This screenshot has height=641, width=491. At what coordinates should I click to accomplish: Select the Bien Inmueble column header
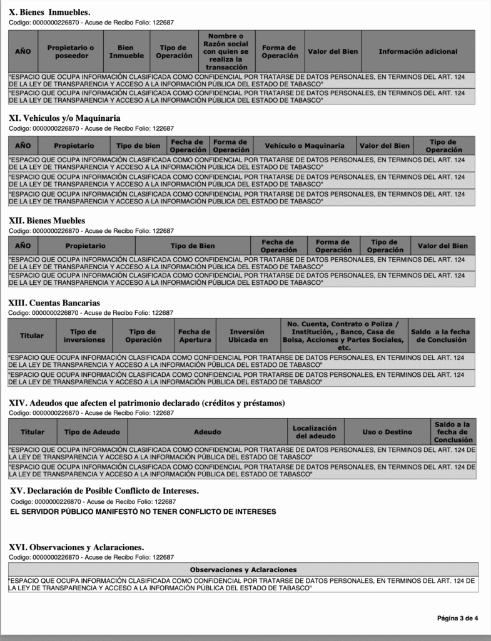[126, 51]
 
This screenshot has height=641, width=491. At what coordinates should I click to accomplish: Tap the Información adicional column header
[418, 51]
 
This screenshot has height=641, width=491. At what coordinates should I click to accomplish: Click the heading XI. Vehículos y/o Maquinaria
[64, 118]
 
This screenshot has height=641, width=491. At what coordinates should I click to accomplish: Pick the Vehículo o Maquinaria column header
[305, 146]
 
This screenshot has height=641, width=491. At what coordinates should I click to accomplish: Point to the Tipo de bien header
[139, 146]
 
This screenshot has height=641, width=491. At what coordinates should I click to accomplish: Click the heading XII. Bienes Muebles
[47, 221]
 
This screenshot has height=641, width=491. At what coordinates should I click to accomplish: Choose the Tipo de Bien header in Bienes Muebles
[193, 246]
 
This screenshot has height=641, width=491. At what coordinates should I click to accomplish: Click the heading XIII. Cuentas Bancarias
[54, 303]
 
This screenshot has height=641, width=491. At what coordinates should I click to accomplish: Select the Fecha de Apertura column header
[195, 336]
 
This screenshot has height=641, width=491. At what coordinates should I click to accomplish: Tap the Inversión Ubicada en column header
[247, 336]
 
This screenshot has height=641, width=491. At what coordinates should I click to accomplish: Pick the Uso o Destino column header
[387, 432]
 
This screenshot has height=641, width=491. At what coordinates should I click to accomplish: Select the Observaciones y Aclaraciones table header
[243, 570]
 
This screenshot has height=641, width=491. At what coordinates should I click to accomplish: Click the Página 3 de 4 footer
[457, 618]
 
